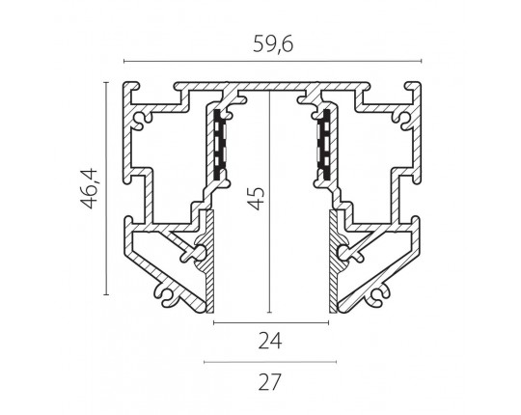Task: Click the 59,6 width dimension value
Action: (x=273, y=44)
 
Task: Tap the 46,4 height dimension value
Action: (x=89, y=189)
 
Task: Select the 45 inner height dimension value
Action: (x=257, y=199)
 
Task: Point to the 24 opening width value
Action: (x=270, y=341)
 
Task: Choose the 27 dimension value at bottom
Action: (x=269, y=382)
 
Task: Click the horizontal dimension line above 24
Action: (x=271, y=322)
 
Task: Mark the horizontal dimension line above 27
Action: (x=270, y=362)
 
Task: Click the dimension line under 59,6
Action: (x=272, y=61)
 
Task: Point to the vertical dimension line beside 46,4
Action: (x=106, y=188)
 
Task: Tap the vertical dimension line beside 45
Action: (x=270, y=202)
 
